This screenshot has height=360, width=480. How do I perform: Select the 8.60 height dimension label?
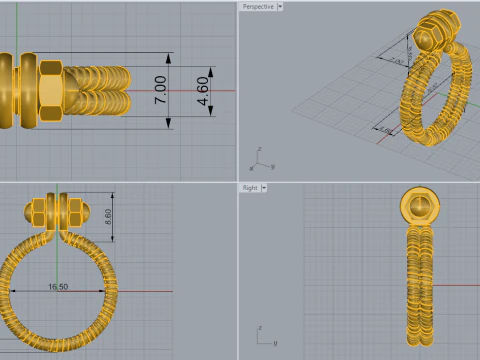109,215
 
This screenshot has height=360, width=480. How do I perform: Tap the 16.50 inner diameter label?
57,287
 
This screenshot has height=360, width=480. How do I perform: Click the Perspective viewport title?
258,6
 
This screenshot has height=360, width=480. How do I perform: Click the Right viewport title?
250,187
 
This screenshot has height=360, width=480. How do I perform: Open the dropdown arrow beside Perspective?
280,6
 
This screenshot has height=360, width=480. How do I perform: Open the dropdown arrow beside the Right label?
265,187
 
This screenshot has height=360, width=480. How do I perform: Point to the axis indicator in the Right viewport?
261,335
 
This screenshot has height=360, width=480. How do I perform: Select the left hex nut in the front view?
41,212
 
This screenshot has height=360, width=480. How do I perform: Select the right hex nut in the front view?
73,212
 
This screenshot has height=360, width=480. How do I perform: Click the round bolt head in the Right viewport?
419,207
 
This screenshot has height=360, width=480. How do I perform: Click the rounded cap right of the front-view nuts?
87,212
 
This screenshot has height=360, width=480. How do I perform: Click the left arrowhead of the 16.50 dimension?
11,291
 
